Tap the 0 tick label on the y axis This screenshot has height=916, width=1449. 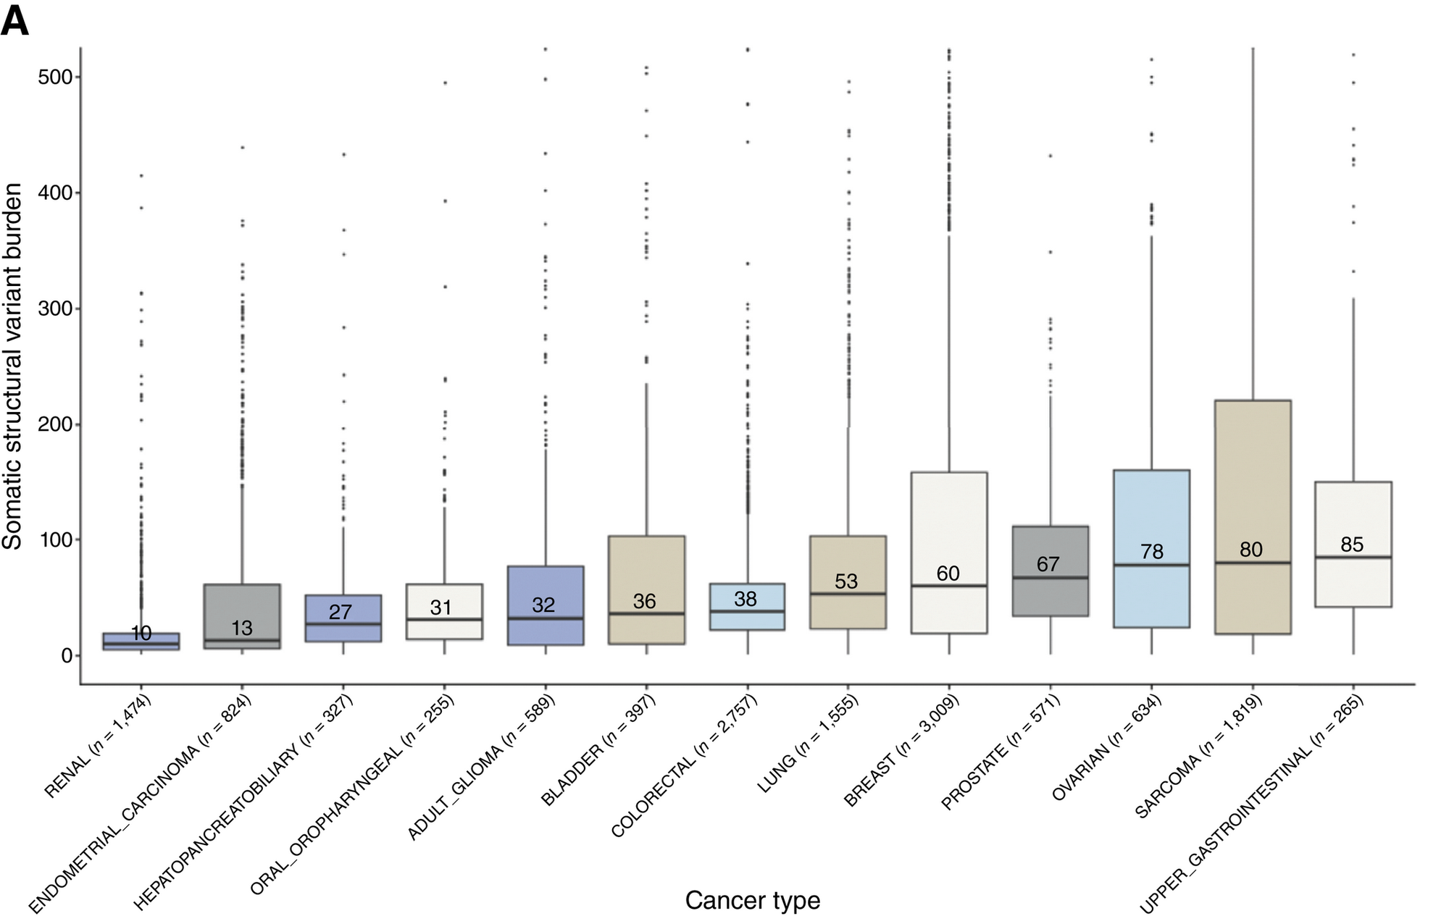(x=67, y=655)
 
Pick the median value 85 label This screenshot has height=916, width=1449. (x=1352, y=545)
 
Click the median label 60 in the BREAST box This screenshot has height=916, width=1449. (x=948, y=573)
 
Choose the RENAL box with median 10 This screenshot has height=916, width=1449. (x=141, y=642)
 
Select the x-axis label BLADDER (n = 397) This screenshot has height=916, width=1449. (x=598, y=749)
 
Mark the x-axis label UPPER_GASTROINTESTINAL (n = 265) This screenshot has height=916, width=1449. (x=1251, y=804)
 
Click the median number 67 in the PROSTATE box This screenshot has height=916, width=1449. (x=1048, y=564)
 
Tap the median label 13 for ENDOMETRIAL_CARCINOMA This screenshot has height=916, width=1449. (x=242, y=628)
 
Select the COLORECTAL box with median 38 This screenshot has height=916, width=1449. (x=746, y=607)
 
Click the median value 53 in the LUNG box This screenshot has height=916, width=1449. (x=845, y=581)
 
